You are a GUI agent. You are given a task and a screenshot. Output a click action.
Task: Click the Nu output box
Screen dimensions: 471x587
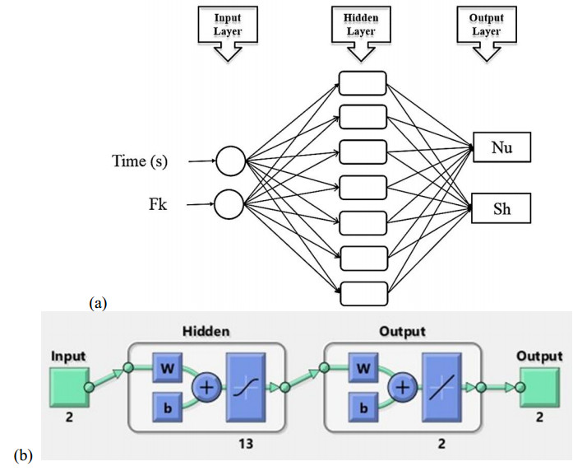coord(501,149)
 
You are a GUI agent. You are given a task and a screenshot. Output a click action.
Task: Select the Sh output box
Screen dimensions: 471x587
coord(501,209)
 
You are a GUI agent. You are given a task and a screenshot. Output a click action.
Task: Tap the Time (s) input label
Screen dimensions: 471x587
coord(140,161)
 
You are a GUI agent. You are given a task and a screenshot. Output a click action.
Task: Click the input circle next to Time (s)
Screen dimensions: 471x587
coord(231,161)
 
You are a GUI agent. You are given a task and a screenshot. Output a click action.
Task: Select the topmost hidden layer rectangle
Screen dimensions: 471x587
coord(362,84)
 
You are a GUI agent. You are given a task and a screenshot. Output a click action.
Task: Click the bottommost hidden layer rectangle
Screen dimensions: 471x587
coord(362,294)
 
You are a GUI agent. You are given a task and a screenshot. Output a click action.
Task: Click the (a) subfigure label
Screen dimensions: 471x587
coord(98,303)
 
